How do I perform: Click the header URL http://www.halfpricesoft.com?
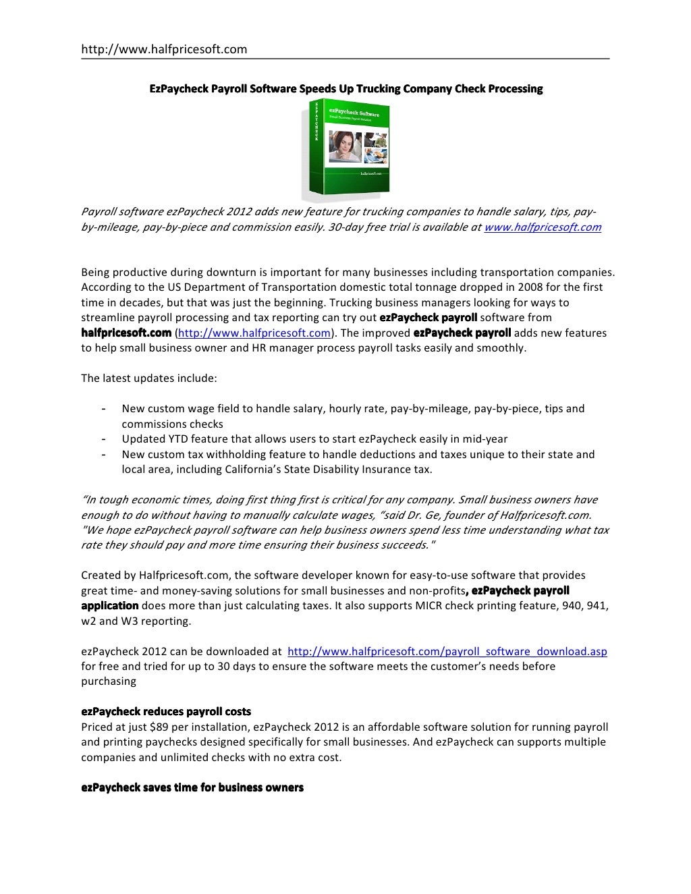pyautogui.click(x=164, y=49)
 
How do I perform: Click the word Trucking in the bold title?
pyautogui.click(x=383, y=89)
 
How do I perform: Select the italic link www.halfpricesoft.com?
pyautogui.click(x=543, y=227)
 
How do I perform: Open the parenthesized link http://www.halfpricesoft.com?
pyautogui.click(x=253, y=333)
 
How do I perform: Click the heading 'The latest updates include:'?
pyautogui.click(x=149, y=379)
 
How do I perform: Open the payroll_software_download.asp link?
pyautogui.click(x=447, y=652)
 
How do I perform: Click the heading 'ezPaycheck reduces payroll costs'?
pyautogui.click(x=166, y=712)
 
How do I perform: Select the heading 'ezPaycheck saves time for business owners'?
pyautogui.click(x=192, y=787)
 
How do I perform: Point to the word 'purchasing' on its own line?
pyautogui.click(x=109, y=681)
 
